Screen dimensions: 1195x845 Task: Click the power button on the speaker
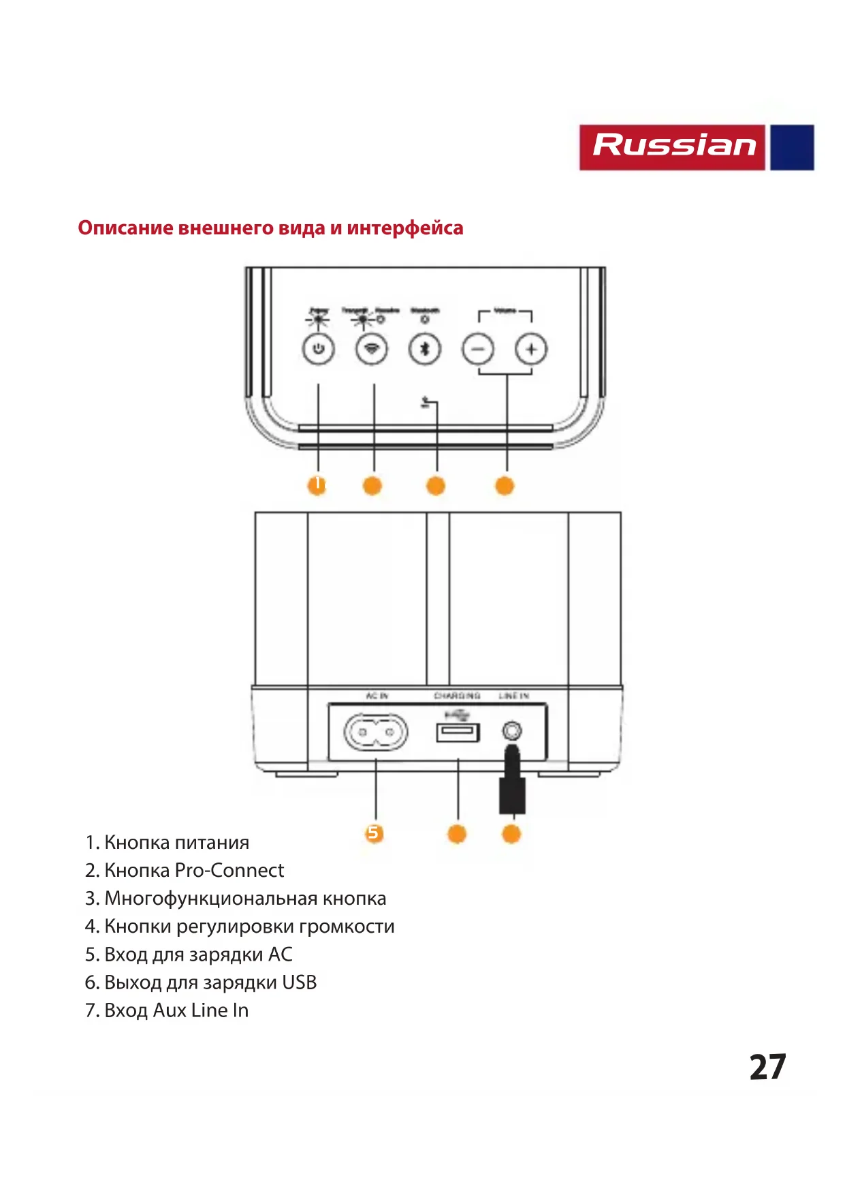pyautogui.click(x=318, y=350)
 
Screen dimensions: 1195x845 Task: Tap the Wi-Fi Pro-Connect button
pyautogui.click(x=372, y=350)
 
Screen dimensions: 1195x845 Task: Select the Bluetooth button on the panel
pyautogui.click(x=425, y=350)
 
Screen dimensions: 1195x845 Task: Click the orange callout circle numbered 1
pyautogui.click(x=317, y=485)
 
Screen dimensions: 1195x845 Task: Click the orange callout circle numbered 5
pyautogui.click(x=373, y=833)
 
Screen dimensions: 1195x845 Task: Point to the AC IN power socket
pyautogui.click(x=376, y=733)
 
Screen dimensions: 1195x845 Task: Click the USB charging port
pyautogui.click(x=458, y=732)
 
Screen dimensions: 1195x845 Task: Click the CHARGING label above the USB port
pyautogui.click(x=457, y=696)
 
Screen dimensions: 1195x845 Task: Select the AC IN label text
pyautogui.click(x=377, y=696)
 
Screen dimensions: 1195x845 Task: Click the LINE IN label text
pyautogui.click(x=513, y=696)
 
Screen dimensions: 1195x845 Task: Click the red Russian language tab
pyautogui.click(x=673, y=146)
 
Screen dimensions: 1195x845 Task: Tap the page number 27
pyautogui.click(x=767, y=1067)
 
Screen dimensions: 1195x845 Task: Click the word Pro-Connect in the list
pyautogui.click(x=229, y=870)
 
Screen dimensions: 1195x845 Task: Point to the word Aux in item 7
pyautogui.click(x=170, y=1010)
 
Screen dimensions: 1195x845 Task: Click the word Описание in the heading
pyautogui.click(x=125, y=228)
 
